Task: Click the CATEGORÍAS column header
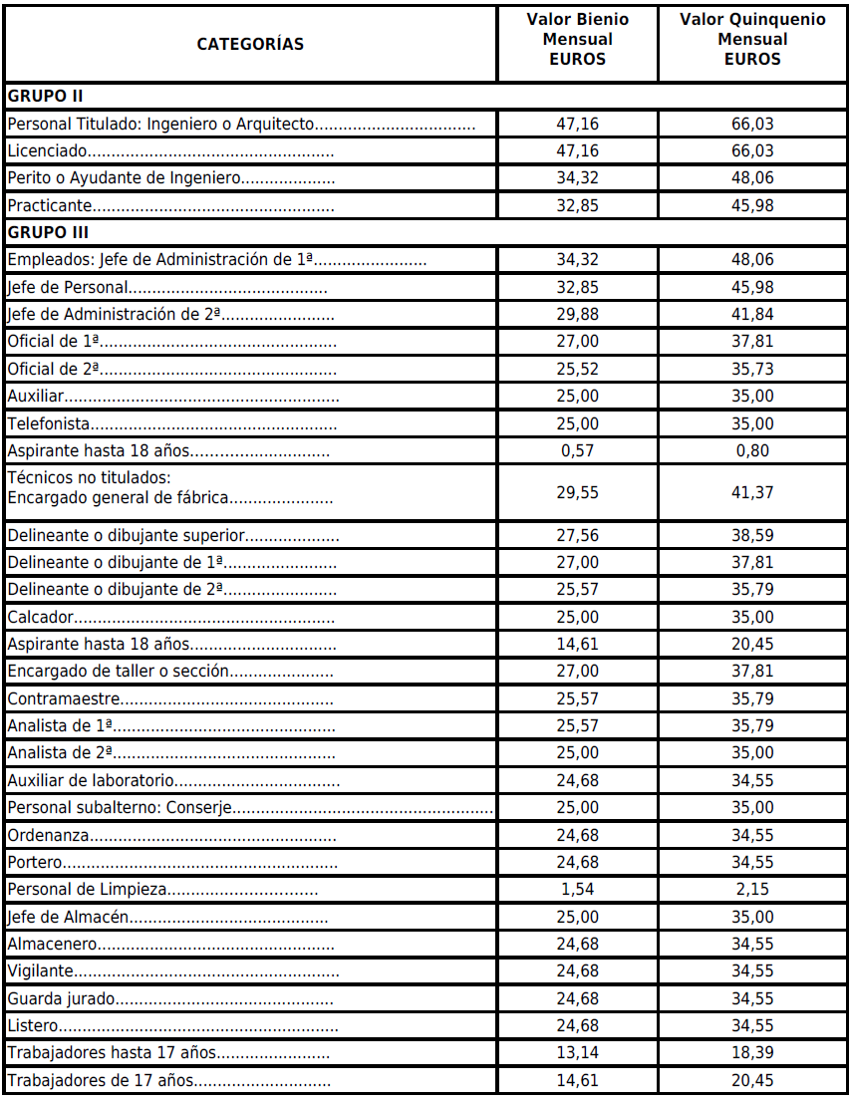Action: [250, 44]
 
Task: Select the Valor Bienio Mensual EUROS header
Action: [578, 40]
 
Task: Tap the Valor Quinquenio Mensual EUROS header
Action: [752, 40]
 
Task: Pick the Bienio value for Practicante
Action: [578, 206]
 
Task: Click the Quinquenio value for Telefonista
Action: [752, 423]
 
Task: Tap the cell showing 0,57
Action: [578, 450]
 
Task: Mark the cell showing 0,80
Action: [752, 450]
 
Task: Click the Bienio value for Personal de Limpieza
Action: [578, 888]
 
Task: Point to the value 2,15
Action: [752, 888]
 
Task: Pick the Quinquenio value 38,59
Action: [752, 536]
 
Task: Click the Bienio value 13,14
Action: [578, 1052]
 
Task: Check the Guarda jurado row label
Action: [62, 998]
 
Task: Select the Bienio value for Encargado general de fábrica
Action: [578, 492]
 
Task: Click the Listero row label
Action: [34, 1025]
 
